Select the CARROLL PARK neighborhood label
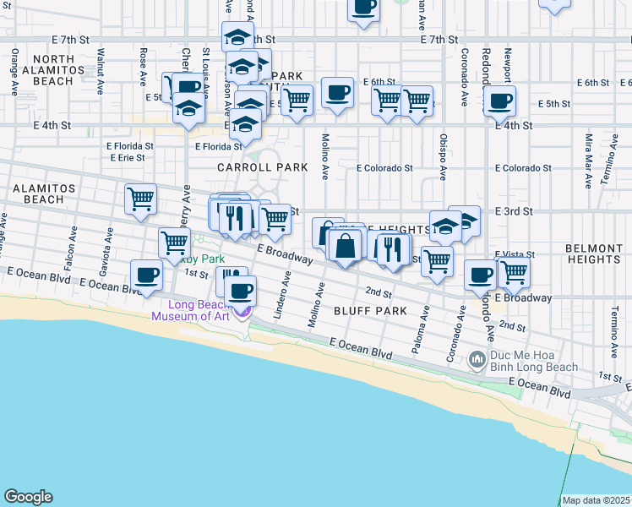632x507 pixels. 262,167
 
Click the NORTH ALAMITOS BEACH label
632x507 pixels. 41,70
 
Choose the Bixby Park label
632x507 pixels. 203,259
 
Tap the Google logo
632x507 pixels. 28,497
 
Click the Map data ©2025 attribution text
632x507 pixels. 596,500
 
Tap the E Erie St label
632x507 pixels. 128,157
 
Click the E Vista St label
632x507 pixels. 521,254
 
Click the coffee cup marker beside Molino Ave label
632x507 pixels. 337,94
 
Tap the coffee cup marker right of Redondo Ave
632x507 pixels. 499,101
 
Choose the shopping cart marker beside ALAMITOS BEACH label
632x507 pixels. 140,199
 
